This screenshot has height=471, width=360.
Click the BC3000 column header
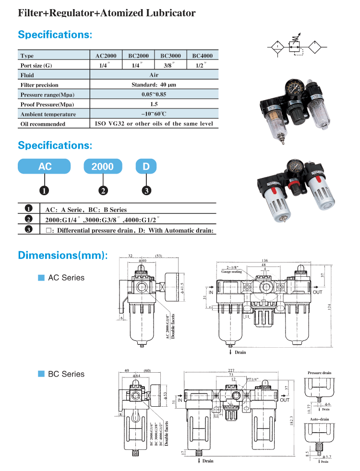(x=170, y=56)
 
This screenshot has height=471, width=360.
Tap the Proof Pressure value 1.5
(x=154, y=104)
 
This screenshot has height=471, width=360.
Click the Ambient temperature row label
(x=48, y=114)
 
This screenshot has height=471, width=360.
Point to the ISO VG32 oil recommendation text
(x=154, y=124)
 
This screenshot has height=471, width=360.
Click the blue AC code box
(x=45, y=166)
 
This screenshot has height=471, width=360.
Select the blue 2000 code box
(x=102, y=166)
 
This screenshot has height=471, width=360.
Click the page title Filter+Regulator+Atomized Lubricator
(x=107, y=13)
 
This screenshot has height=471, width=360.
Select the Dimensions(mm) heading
(x=63, y=255)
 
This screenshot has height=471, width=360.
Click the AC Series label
(x=66, y=278)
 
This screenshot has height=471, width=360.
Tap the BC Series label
(x=66, y=374)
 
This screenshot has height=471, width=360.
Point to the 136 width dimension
(x=264, y=260)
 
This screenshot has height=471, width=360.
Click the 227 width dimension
(x=231, y=370)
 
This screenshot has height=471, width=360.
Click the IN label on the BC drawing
(x=180, y=400)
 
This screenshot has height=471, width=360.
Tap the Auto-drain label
(x=319, y=419)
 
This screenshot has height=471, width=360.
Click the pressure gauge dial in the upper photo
(x=293, y=92)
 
